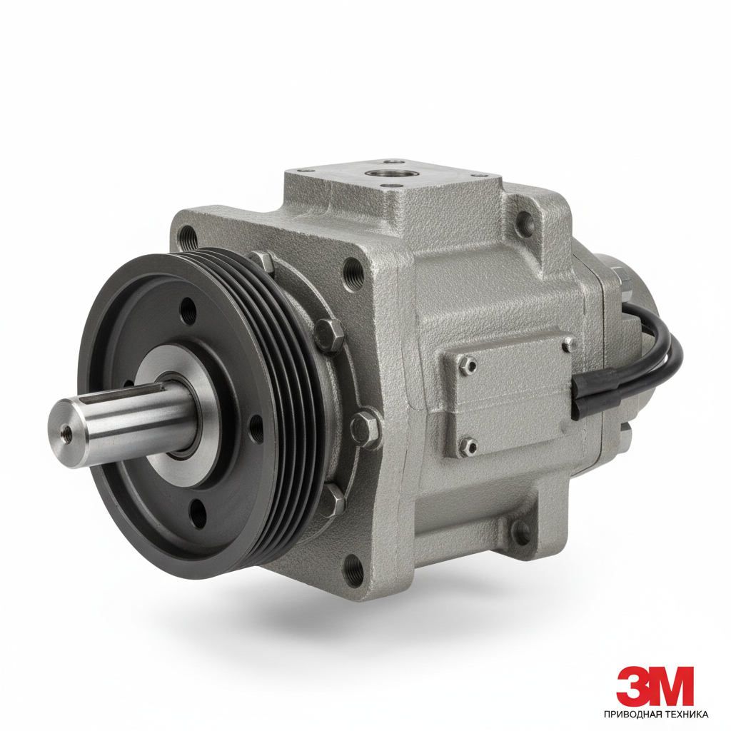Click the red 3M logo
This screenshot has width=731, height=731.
point(655,687)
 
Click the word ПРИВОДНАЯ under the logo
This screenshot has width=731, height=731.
point(635,714)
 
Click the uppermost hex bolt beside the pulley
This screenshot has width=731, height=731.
point(263,264)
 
